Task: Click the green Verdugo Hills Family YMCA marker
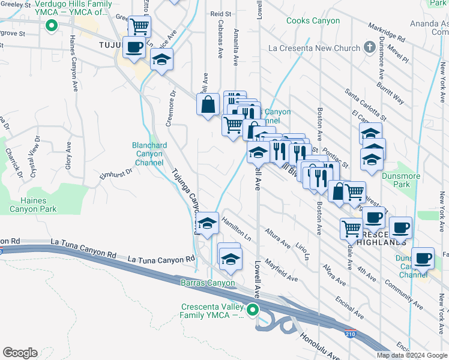click(x=52, y=26)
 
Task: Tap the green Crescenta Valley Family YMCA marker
click(x=253, y=310)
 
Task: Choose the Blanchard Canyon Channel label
click(x=149, y=154)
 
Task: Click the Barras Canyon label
click(x=205, y=283)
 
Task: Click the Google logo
click(x=19, y=353)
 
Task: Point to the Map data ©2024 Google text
click(x=411, y=355)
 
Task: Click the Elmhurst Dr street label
click(x=115, y=174)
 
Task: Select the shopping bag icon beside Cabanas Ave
click(x=207, y=104)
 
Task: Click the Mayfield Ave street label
click(x=281, y=270)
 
